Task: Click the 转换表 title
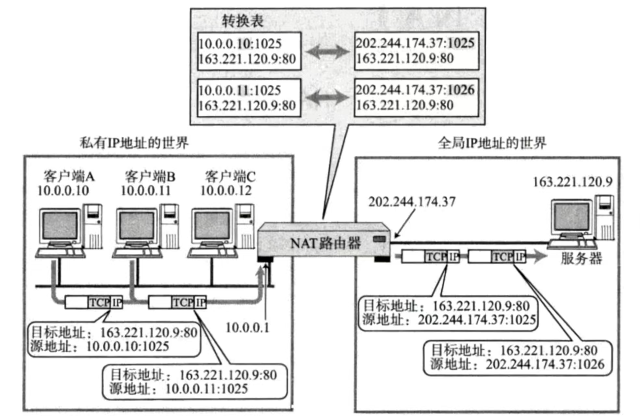(x=242, y=21)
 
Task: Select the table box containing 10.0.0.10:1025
(x=249, y=51)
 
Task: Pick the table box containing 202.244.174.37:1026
(x=416, y=98)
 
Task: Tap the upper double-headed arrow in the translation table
(x=327, y=52)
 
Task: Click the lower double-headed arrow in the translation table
(x=327, y=98)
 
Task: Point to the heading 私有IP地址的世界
(x=134, y=143)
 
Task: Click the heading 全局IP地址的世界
(x=492, y=143)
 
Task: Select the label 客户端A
(x=69, y=177)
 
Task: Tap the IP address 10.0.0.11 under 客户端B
(x=146, y=191)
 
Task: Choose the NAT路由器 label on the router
(x=325, y=243)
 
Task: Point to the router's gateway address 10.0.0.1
(x=248, y=328)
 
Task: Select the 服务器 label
(x=582, y=259)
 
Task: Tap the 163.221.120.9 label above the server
(x=572, y=182)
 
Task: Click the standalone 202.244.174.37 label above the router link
(x=412, y=202)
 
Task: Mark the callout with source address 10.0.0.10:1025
(x=114, y=340)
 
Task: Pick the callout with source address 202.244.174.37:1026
(x=518, y=357)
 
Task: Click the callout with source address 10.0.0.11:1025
(x=194, y=382)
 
